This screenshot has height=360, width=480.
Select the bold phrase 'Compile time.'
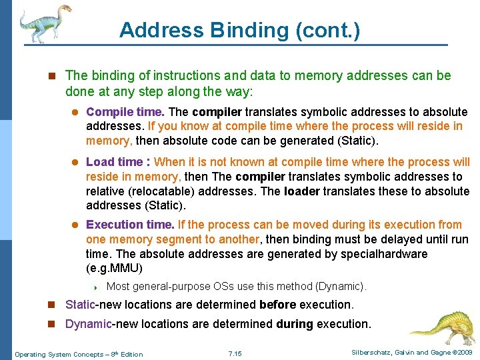(126, 112)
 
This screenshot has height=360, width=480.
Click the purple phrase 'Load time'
(114, 162)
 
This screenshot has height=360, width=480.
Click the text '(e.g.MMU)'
(114, 269)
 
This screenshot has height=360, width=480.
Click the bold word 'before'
(278, 305)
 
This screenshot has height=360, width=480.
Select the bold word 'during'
(294, 324)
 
